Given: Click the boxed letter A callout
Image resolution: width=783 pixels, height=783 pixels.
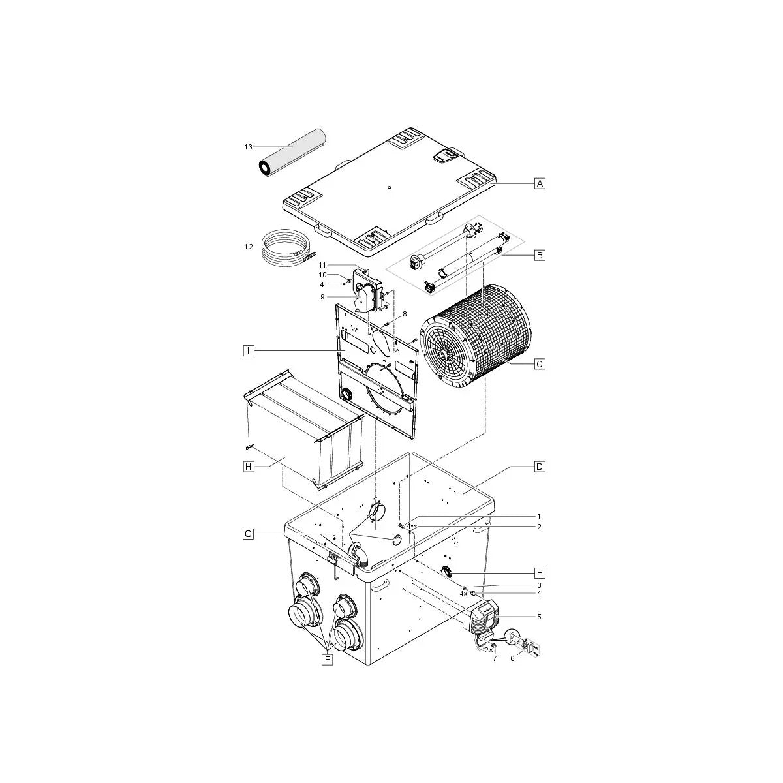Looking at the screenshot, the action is (x=539, y=183).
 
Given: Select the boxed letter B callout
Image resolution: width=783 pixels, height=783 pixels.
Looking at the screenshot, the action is (x=539, y=256).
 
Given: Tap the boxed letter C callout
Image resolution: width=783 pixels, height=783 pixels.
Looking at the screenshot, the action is (x=539, y=364).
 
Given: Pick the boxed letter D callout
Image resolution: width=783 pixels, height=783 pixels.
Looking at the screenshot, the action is (x=539, y=467).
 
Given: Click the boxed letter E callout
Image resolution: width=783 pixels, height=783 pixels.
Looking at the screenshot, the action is (x=539, y=574).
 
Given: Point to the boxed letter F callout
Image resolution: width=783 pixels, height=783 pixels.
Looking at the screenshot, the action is (x=328, y=660).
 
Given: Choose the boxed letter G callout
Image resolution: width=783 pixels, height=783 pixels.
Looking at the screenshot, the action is (x=248, y=534).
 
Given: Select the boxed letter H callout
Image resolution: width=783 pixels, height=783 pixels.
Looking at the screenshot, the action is (x=248, y=467).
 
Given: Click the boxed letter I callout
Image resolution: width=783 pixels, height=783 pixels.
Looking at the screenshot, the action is (x=248, y=350).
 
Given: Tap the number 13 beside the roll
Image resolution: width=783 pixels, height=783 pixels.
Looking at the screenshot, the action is (x=248, y=147).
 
